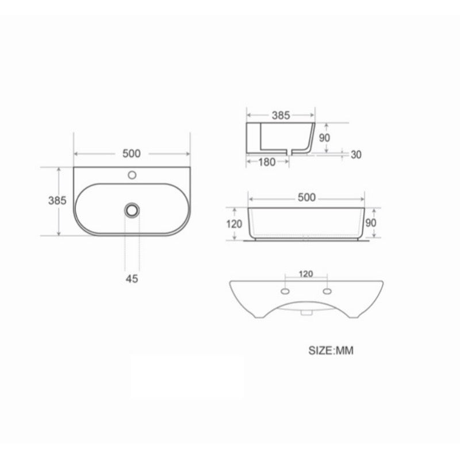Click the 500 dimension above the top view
pyautogui.click(x=132, y=154)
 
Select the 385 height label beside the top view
pyautogui.click(x=57, y=200)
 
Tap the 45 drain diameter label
pyautogui.click(x=132, y=278)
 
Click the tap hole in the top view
pyautogui.click(x=132, y=175)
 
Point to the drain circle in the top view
pyautogui.click(x=132, y=210)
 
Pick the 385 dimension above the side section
pyautogui.click(x=281, y=116)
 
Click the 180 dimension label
pyautogui.click(x=267, y=162)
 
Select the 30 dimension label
pyautogui.click(x=356, y=155)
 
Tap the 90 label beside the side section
pyautogui.click(x=324, y=137)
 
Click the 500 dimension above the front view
pyautogui.click(x=306, y=197)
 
